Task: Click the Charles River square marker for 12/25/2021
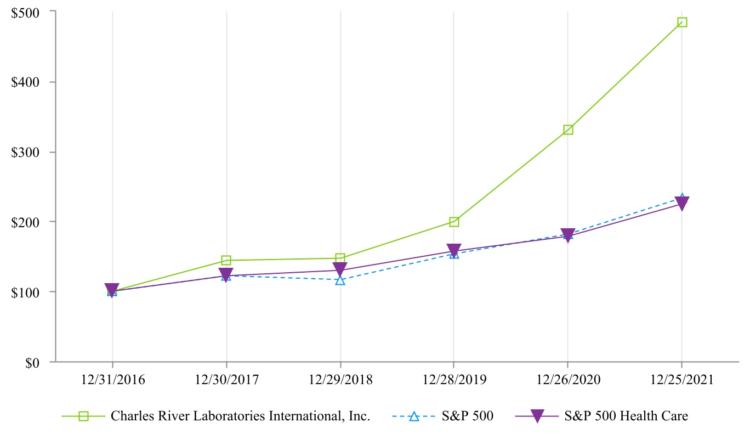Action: pos(682,22)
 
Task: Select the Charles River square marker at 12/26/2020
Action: pos(568,130)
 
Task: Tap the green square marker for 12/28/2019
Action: pos(454,222)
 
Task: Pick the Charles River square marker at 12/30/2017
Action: pos(226,260)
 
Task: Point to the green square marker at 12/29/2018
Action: pos(340,258)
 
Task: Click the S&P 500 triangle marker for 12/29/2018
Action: pos(340,280)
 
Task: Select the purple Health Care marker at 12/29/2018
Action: pos(340,269)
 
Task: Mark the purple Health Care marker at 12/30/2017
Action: pos(226,274)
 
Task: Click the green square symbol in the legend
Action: pos(83,417)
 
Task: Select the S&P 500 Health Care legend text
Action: pos(626,417)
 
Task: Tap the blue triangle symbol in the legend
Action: pos(414,417)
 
